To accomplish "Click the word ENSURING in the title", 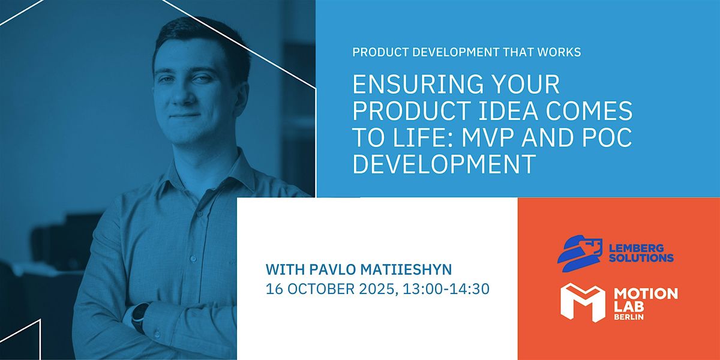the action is (418, 84).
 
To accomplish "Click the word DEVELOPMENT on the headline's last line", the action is (444, 164).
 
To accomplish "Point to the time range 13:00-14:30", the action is (446, 289).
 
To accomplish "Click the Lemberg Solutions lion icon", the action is (580, 254).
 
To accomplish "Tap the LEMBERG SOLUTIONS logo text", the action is (641, 253).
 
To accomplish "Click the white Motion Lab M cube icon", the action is (583, 302).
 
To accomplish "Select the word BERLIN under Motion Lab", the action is (629, 317).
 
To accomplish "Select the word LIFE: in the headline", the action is (424, 137).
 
